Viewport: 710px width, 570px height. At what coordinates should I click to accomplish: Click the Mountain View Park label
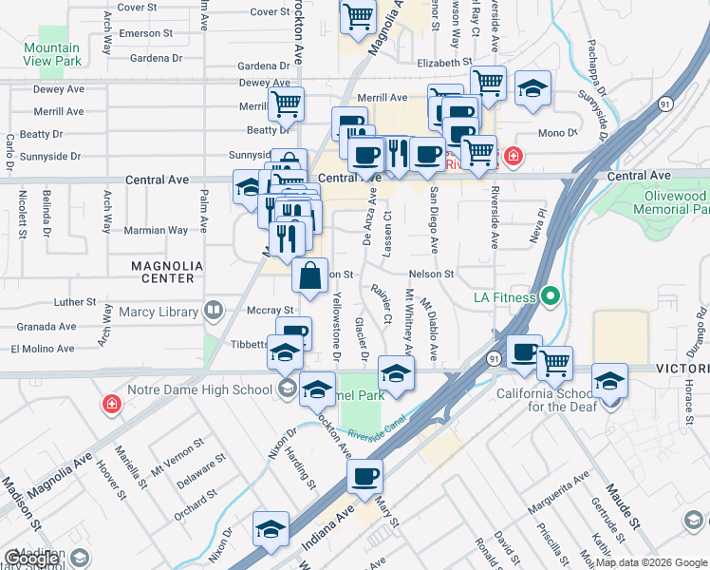pos(52,54)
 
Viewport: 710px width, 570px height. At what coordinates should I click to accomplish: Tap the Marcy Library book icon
pos(215,310)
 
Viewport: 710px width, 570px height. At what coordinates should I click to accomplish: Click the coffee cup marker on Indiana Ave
pos(365,478)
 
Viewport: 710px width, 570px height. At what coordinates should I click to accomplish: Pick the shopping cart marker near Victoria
pos(554,362)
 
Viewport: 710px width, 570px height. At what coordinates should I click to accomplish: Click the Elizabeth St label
pos(444,63)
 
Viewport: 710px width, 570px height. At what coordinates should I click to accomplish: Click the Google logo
pos(30,560)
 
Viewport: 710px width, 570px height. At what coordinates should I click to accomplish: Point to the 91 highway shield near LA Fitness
pos(494,359)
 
